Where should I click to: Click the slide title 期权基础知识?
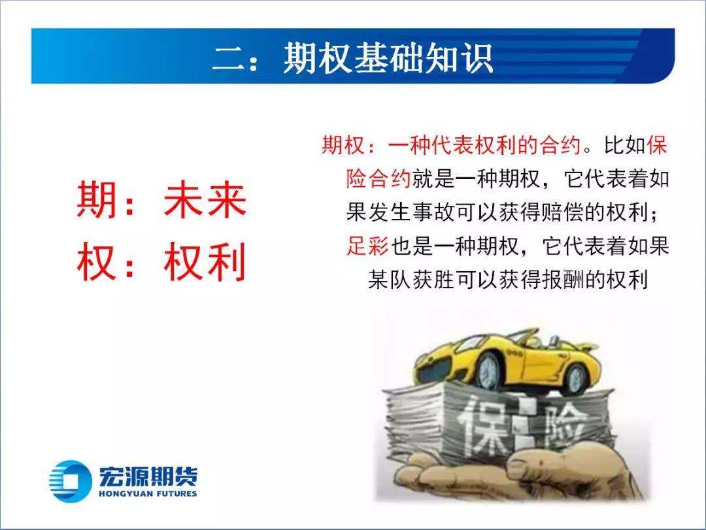coord(388,58)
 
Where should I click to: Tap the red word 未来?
coord(205,199)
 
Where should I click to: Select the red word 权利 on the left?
coord(205,261)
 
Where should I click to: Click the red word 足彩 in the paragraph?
coord(367,246)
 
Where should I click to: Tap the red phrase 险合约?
coord(378,179)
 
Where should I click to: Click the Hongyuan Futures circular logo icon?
coord(68,481)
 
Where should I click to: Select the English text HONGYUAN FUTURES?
coord(148,493)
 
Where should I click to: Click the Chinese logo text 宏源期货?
coord(148,476)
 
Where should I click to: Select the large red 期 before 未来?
coord(96,199)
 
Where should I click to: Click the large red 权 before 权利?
coord(96,261)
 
